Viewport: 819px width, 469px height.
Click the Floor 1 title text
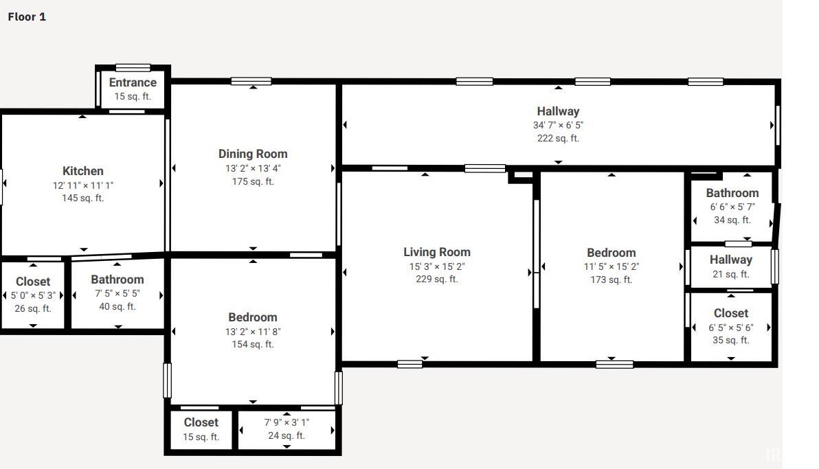point(27,16)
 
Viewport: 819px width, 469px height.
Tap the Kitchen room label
point(83,171)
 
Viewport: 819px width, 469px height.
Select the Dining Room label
point(253,154)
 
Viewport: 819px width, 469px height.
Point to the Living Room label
point(437,252)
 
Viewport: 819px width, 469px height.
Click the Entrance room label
point(133,82)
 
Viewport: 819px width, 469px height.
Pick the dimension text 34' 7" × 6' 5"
point(558,126)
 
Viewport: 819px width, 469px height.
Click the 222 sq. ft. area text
point(558,139)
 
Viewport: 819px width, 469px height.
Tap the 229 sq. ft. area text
point(437,279)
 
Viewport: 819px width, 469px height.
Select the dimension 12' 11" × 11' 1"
point(83,185)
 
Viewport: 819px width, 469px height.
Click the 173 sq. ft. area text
point(611,280)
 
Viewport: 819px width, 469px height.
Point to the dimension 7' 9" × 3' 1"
point(287,422)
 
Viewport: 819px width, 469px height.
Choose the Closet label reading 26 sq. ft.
point(33,282)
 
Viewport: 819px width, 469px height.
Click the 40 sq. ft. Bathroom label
point(117,280)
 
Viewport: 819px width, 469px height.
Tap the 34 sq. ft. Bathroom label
point(732,193)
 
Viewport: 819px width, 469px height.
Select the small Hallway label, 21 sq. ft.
point(731,260)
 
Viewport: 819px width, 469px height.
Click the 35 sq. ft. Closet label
point(731,313)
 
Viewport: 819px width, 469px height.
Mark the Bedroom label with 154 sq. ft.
point(253,317)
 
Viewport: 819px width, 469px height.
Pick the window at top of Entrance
point(133,67)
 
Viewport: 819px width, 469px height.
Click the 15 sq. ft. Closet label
point(201,422)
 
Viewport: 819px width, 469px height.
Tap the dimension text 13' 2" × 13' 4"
point(253,169)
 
